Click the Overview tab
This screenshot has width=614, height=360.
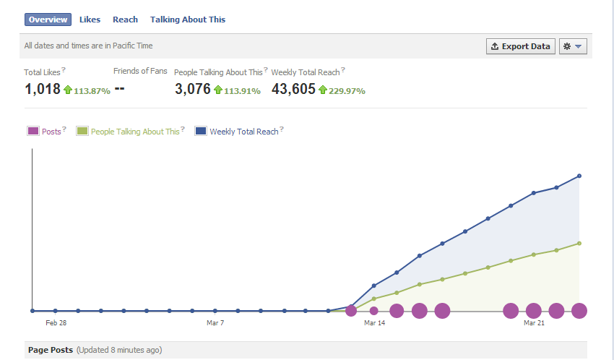click(x=48, y=20)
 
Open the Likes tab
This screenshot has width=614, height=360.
click(x=90, y=20)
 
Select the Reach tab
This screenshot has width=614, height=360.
click(x=125, y=20)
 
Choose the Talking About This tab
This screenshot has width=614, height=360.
click(x=188, y=20)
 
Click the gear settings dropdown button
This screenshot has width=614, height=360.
click(x=573, y=46)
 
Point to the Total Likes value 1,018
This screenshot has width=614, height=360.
click(x=43, y=89)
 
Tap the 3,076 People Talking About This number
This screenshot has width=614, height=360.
click(x=193, y=89)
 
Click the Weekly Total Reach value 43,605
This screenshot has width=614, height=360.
click(x=293, y=89)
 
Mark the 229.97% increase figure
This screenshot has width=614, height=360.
click(x=347, y=91)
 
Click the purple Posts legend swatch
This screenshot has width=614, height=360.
click(x=33, y=131)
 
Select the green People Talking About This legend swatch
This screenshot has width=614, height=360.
click(x=82, y=131)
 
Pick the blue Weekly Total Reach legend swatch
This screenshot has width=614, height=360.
click(x=201, y=131)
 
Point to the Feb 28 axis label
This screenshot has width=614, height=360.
click(x=56, y=323)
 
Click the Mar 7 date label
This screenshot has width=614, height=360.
click(x=215, y=323)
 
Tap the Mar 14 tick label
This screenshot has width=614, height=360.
click(x=374, y=323)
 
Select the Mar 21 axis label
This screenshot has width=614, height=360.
click(x=534, y=323)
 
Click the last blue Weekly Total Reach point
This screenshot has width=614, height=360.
click(x=579, y=176)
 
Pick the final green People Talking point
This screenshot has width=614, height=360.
click(x=579, y=244)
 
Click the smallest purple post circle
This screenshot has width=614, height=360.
click(x=374, y=311)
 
